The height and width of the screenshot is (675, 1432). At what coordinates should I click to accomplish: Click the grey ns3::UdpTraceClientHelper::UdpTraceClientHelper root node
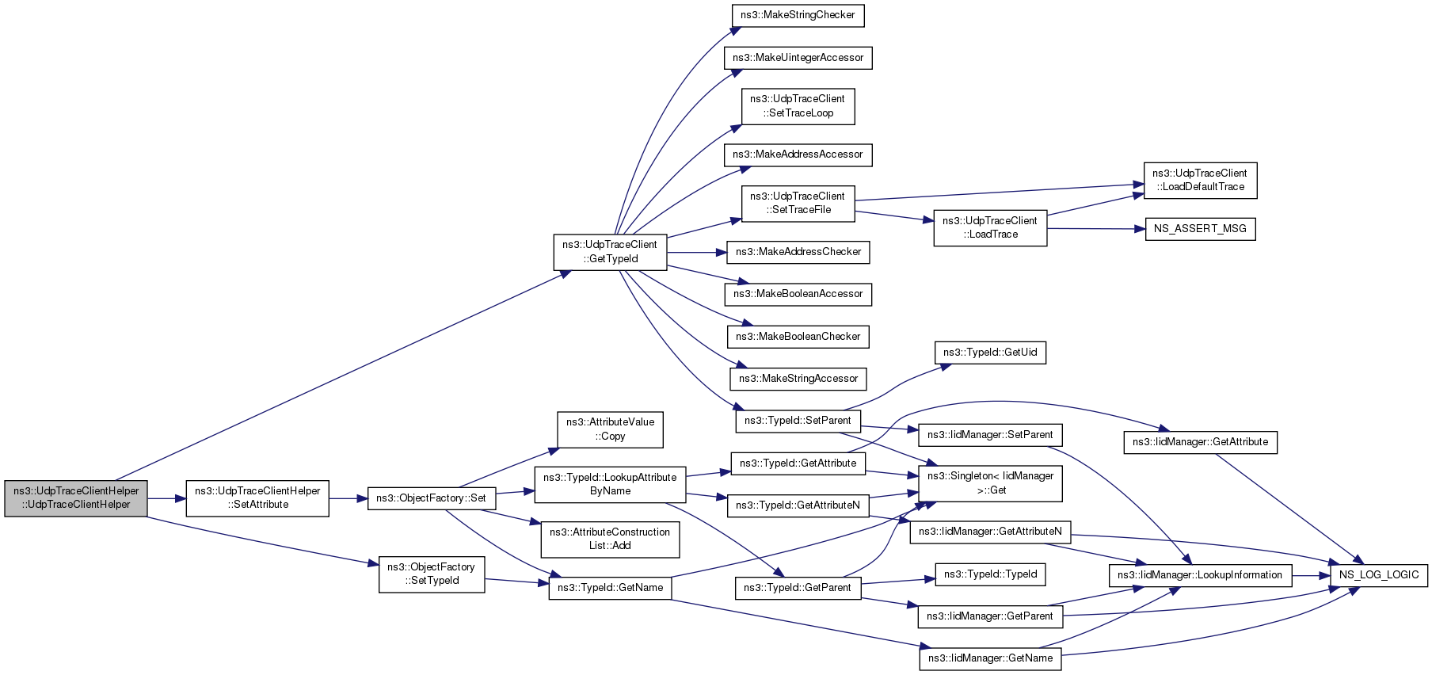pyautogui.click(x=76, y=498)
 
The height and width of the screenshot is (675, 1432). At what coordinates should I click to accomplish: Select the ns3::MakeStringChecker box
pyautogui.click(x=798, y=15)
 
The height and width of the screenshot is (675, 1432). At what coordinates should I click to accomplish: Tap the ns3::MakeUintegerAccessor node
pyautogui.click(x=798, y=58)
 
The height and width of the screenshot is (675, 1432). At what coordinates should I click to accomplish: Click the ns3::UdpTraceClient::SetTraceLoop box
pyautogui.click(x=798, y=106)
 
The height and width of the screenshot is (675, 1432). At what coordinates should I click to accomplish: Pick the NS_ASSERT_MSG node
pyautogui.click(x=1200, y=229)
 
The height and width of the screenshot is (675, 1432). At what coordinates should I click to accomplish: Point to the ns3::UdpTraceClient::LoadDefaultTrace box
pyautogui.click(x=1200, y=181)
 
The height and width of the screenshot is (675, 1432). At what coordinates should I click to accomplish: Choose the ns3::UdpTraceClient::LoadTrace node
pyautogui.click(x=990, y=228)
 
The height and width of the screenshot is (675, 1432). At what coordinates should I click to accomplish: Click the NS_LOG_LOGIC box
pyautogui.click(x=1379, y=575)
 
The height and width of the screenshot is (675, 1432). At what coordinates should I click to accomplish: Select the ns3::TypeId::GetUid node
pyautogui.click(x=990, y=353)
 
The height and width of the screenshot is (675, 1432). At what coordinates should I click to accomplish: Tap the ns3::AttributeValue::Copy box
pyautogui.click(x=610, y=429)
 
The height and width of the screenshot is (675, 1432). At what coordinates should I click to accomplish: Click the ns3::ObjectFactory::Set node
pyautogui.click(x=432, y=498)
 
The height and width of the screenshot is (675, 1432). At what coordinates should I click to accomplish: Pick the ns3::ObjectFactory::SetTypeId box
pyautogui.click(x=432, y=574)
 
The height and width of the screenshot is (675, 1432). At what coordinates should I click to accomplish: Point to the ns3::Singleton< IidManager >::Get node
pyautogui.click(x=990, y=483)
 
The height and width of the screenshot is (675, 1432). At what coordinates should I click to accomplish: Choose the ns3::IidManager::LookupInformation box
pyautogui.click(x=1200, y=575)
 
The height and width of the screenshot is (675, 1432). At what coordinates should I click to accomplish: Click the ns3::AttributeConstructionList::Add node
pyautogui.click(x=610, y=539)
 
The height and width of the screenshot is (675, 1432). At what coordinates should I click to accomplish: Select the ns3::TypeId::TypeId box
pyautogui.click(x=990, y=574)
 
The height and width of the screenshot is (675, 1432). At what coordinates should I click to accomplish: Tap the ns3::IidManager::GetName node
pyautogui.click(x=990, y=658)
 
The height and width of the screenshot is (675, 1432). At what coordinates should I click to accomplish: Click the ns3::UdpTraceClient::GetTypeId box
pyautogui.click(x=610, y=252)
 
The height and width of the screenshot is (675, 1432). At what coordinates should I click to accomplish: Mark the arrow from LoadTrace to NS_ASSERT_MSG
pyautogui.click(x=1096, y=229)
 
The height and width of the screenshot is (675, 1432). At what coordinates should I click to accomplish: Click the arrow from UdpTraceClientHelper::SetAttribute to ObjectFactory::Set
pyautogui.click(x=348, y=498)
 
